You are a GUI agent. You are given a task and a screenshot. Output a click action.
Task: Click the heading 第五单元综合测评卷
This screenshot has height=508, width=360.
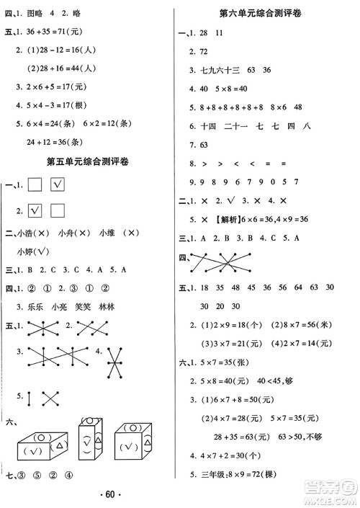pos(92,161)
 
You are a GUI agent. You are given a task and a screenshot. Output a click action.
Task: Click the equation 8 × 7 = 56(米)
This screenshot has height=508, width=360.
pos(300,306)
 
